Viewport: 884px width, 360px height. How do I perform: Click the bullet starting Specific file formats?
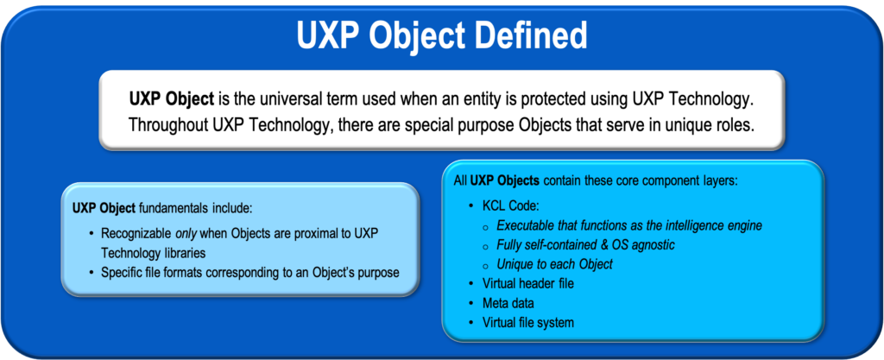tap(249, 272)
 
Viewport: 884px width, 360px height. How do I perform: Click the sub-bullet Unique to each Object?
tap(554, 264)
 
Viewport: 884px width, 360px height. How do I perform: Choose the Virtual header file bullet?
tap(528, 283)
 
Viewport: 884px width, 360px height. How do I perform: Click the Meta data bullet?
tap(508, 303)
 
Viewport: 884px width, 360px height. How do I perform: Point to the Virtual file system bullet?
tap(528, 323)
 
